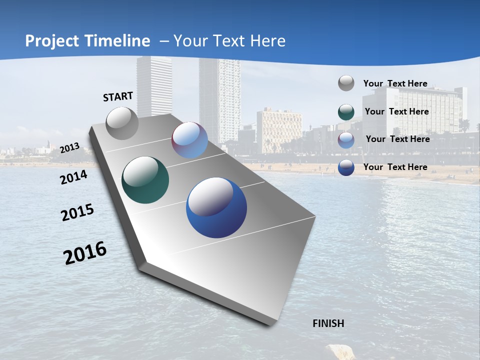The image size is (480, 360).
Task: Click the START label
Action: (x=118, y=96)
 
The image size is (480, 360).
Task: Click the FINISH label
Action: (x=328, y=323)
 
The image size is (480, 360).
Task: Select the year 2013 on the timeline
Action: (x=69, y=147)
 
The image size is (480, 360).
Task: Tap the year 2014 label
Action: (x=74, y=177)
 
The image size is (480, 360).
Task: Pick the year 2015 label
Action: (x=77, y=212)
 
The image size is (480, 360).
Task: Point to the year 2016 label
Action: (x=85, y=253)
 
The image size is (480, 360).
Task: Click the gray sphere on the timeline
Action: (x=122, y=123)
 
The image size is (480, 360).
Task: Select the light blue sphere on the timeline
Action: (x=189, y=140)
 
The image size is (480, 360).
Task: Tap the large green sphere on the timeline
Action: (x=145, y=180)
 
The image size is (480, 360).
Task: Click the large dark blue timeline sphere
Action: (x=216, y=208)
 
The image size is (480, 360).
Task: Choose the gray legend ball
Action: (x=346, y=83)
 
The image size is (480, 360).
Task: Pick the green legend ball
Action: (x=346, y=111)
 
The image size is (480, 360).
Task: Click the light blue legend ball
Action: (x=346, y=139)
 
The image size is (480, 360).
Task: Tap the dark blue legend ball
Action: (x=346, y=167)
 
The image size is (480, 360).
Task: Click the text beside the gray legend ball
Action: (x=395, y=83)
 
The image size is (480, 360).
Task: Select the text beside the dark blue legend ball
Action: (x=395, y=167)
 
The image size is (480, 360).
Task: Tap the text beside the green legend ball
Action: (x=396, y=111)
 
